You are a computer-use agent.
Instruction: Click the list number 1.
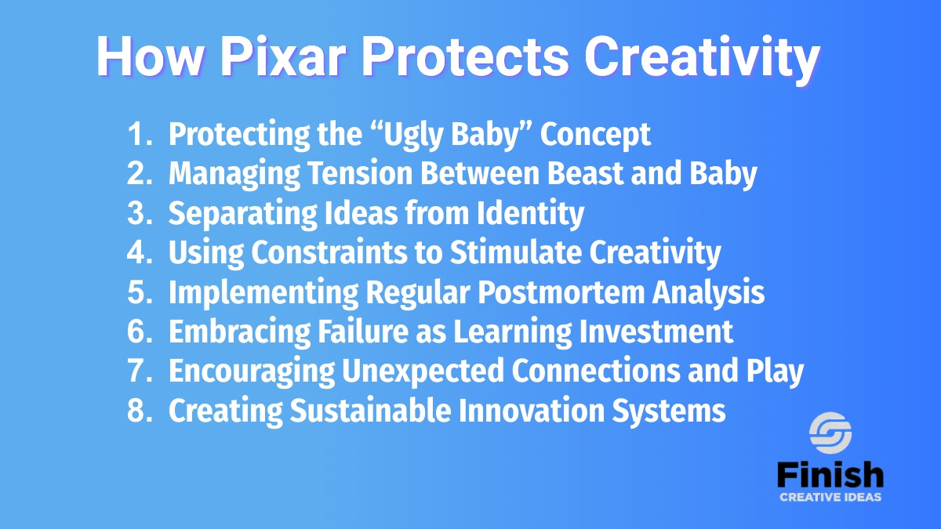140,134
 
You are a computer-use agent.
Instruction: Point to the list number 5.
140,292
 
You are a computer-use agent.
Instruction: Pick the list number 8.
140,411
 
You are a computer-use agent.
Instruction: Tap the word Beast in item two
585,173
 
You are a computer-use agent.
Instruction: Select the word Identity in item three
530,214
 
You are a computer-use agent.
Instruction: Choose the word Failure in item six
363,332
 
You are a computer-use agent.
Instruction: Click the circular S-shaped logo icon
830,433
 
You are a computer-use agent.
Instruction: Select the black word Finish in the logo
830,474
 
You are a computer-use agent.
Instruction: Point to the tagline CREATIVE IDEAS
830,498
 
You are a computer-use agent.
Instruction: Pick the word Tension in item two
360,173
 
